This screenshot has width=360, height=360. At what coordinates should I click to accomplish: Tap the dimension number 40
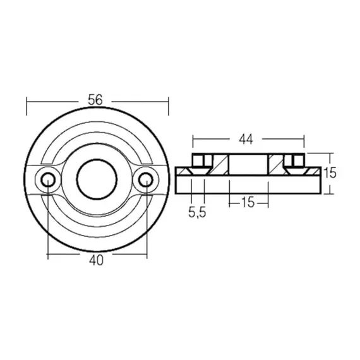(x=97, y=260)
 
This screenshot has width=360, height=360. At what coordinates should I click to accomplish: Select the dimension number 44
(x=249, y=137)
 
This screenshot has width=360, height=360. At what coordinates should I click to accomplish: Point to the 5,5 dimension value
(x=196, y=213)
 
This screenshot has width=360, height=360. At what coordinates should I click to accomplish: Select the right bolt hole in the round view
(x=146, y=179)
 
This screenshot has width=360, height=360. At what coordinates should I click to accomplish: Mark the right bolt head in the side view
(x=294, y=160)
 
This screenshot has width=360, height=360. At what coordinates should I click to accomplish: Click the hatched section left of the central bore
(x=220, y=165)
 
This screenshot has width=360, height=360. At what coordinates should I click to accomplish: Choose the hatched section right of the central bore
(x=277, y=165)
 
